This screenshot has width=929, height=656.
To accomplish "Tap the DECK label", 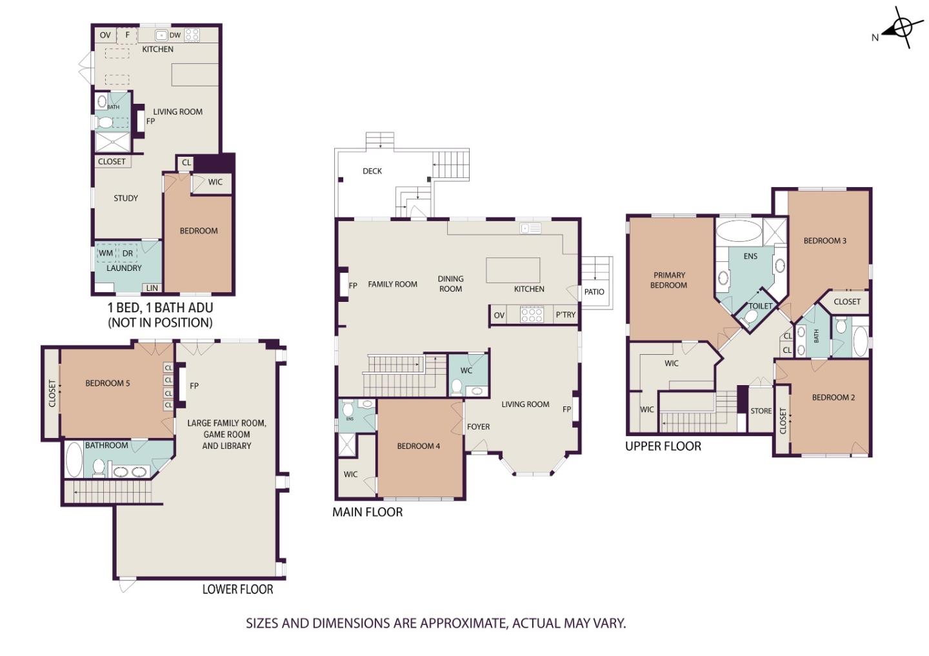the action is click(372, 171).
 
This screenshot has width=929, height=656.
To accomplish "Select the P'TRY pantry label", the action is click(565, 315).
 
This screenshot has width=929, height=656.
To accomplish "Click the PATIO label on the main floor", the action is click(594, 292).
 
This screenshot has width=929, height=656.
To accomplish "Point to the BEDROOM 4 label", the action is click(419, 446).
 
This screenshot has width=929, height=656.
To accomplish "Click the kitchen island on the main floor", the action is click(513, 270).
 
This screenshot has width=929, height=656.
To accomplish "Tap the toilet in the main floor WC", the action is click(457, 386).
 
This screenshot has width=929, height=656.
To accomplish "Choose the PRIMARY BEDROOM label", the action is click(669, 280).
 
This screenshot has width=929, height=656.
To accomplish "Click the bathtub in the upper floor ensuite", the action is click(739, 230).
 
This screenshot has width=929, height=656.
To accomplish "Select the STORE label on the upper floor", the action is click(761, 411).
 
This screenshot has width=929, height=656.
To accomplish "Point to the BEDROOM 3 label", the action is click(825, 241).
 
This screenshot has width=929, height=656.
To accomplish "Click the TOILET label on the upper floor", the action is click(760, 306).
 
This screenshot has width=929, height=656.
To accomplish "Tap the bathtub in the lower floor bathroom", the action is click(74, 459).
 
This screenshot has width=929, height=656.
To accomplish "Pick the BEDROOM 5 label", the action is click(107, 383).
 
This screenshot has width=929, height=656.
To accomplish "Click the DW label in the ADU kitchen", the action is click(175, 35).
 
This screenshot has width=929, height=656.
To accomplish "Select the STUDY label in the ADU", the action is click(126, 198).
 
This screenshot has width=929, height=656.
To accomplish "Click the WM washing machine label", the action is click(106, 253).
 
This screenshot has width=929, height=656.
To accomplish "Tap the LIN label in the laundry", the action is click(152, 288).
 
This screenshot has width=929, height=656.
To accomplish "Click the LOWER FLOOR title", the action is click(237, 590).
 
